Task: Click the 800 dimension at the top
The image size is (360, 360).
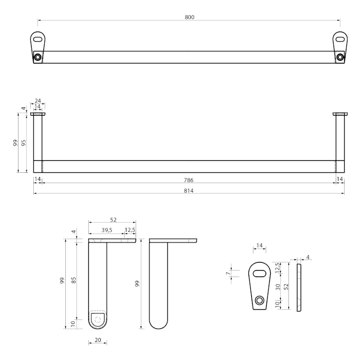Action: tap(189, 17)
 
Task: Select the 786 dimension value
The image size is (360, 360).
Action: tap(189, 180)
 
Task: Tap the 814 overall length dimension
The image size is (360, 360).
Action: tap(189, 190)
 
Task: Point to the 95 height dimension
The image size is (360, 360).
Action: tap(24, 143)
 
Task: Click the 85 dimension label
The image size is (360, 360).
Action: tap(73, 280)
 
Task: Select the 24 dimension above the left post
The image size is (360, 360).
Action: tap(37, 101)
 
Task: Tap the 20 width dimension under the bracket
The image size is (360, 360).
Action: tap(98, 340)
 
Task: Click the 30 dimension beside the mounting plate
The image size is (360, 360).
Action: tap(278, 286)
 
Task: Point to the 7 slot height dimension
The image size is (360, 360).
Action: tap(228, 273)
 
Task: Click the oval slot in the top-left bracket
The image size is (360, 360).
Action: tap(38, 39)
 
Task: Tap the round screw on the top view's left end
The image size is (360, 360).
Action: tap(38, 57)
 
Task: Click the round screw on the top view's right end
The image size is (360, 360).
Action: tap(340, 57)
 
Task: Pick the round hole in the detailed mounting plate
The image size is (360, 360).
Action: tap(259, 300)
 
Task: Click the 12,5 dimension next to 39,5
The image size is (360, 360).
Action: tap(130, 230)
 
